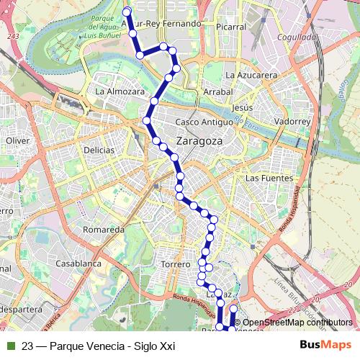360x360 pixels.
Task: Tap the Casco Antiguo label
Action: point(203,122)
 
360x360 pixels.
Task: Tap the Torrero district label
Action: point(176,264)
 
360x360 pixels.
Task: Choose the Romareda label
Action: point(104,230)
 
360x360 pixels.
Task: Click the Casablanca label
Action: point(76,264)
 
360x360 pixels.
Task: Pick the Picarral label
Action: point(230,27)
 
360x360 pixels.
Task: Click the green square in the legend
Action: point(10,346)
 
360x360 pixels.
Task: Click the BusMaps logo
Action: point(325,345)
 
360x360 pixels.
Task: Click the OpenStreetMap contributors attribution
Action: point(297,323)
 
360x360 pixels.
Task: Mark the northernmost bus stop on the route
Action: point(127,11)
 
